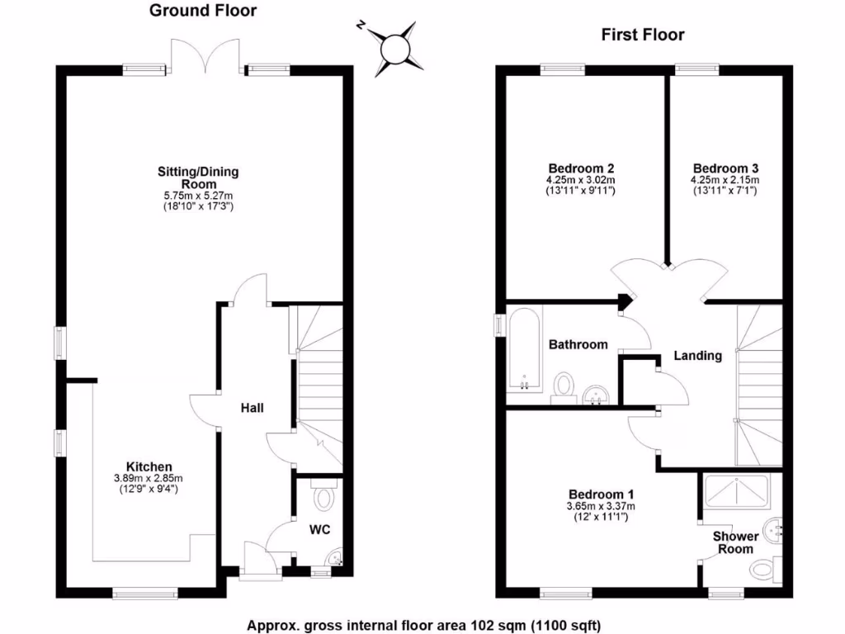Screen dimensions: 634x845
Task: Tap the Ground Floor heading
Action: (202, 11)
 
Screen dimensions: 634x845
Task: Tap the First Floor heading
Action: (642, 35)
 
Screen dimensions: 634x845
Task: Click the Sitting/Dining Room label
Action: (198, 177)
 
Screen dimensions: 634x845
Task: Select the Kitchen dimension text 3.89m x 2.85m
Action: (149, 478)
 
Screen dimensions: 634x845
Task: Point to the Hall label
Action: (253, 408)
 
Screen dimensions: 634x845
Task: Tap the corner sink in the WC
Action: (336, 560)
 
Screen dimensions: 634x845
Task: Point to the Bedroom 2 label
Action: (580, 168)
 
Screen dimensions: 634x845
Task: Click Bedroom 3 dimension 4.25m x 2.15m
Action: (725, 179)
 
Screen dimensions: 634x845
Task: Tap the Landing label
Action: (698, 356)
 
